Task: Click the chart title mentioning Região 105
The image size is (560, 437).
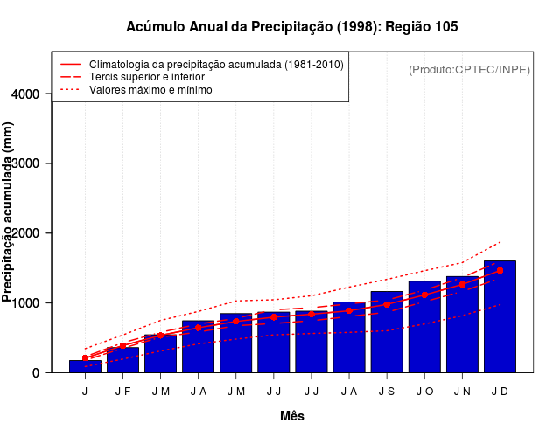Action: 291,27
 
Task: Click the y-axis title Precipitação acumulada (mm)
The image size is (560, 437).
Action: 9,212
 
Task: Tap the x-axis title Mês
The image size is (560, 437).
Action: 291,416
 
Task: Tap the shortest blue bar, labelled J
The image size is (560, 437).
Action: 85,367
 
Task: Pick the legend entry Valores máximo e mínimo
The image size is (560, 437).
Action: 150,89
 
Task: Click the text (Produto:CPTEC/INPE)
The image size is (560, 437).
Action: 469,69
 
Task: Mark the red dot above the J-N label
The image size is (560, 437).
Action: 462,284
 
